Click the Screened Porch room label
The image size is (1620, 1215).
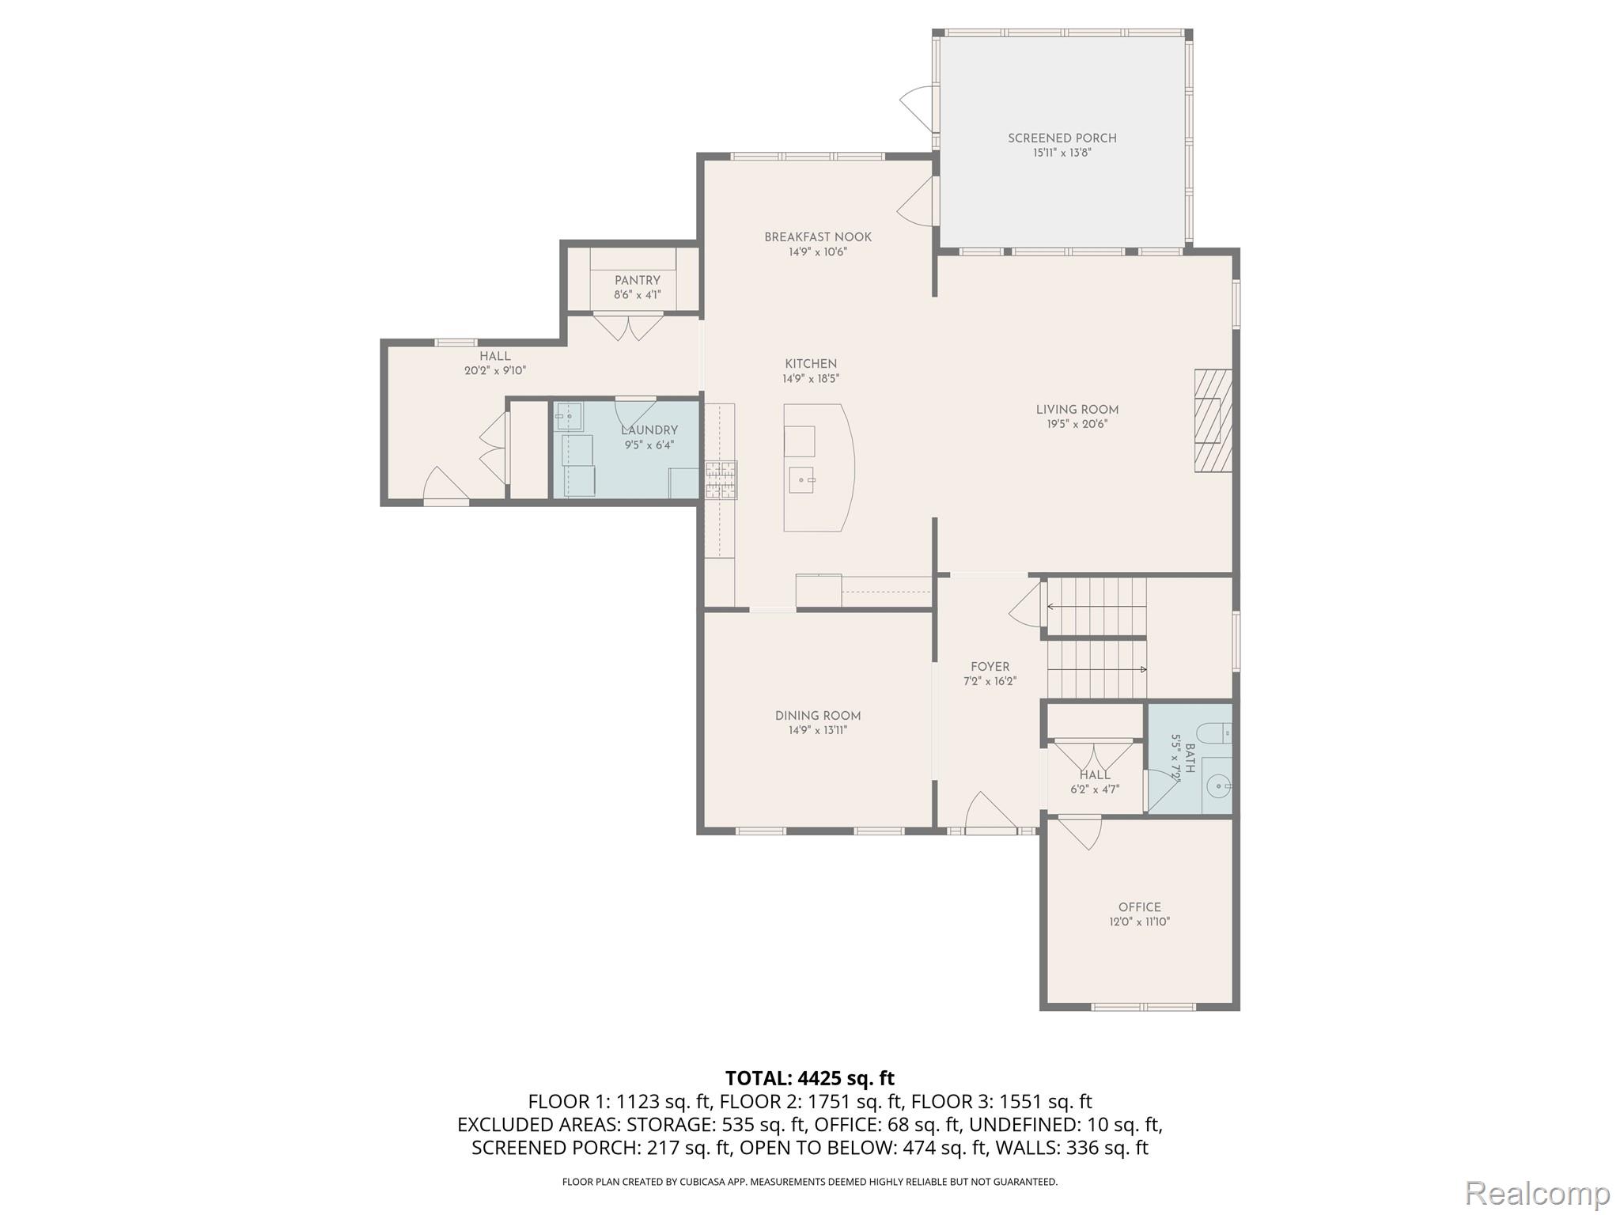(1062, 138)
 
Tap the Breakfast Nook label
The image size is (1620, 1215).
(818, 237)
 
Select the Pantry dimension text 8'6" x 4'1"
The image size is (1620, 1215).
(637, 295)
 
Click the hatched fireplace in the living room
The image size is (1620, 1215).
(1213, 421)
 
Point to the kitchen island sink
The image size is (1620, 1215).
(802, 480)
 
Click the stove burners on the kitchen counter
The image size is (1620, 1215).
(721, 480)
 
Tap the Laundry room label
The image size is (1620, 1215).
(649, 430)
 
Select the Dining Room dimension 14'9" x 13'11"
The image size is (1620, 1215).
(817, 730)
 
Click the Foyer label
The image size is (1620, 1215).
(990, 667)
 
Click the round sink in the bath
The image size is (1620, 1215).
(1220, 786)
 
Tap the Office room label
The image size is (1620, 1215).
(1139, 907)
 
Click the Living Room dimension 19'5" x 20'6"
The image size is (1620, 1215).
(1077, 424)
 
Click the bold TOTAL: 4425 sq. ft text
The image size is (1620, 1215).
(809, 1078)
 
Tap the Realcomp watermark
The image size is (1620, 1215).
(1537, 1193)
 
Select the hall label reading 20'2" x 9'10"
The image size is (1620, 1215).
(494, 370)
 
